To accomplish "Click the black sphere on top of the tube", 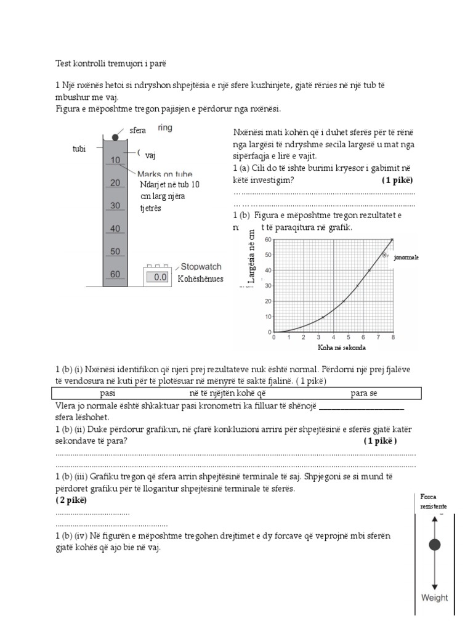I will pyautogui.click(x=115, y=137).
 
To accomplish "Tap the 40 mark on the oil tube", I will pyautogui.click(x=115, y=229).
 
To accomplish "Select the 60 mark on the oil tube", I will pyautogui.click(x=115, y=274).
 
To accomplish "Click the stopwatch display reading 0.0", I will pyautogui.click(x=160, y=278).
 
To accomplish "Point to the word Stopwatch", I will pyautogui.click(x=201, y=267).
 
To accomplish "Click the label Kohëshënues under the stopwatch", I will pyautogui.click(x=200, y=279).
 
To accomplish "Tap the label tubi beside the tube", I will pyautogui.click(x=79, y=149).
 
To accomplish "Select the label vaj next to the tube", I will pyautogui.click(x=150, y=156).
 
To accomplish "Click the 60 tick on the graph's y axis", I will pyautogui.click(x=268, y=239).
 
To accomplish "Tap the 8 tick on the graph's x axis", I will pyautogui.click(x=393, y=338).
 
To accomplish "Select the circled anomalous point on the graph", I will pyautogui.click(x=384, y=254).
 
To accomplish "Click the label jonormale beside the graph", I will pyautogui.click(x=406, y=258).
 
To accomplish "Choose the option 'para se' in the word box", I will pyautogui.click(x=365, y=394).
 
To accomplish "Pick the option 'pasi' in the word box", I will pyautogui.click(x=107, y=394).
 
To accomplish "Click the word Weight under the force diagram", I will pyautogui.click(x=434, y=597).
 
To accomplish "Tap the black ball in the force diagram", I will pyautogui.click(x=435, y=544).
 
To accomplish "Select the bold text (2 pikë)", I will pyautogui.click(x=71, y=500).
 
